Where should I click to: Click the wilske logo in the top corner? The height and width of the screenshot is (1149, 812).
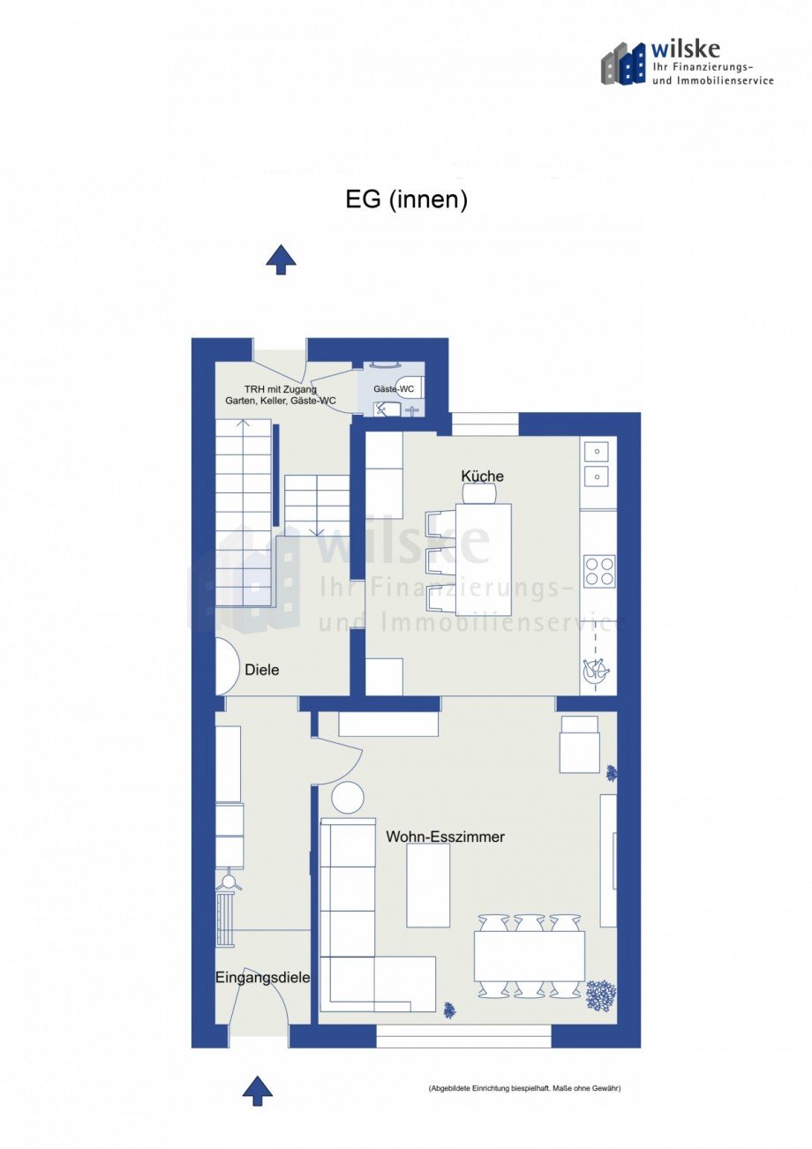(687, 63)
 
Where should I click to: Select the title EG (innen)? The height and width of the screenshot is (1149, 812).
(406, 200)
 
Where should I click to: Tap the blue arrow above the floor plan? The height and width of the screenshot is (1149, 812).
(281, 259)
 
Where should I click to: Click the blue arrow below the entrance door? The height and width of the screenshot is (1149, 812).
(257, 1090)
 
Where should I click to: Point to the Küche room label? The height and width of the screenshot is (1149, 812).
(482, 477)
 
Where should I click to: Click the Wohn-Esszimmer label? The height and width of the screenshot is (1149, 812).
(445, 837)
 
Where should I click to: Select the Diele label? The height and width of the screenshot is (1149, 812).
(261, 670)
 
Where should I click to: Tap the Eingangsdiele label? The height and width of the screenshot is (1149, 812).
(262, 977)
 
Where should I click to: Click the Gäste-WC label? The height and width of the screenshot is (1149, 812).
(394, 389)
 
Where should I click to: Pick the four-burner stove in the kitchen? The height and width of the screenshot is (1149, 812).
(599, 571)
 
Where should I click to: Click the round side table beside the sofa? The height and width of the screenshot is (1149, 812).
(348, 798)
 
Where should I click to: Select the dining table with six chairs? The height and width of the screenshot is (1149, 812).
(529, 957)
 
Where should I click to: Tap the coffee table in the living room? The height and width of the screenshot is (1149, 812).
(428, 885)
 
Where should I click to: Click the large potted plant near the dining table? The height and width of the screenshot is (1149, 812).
(601, 995)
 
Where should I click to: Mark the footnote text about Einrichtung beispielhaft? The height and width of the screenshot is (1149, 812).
(524, 1088)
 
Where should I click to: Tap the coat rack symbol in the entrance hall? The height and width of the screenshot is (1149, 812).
(229, 878)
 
